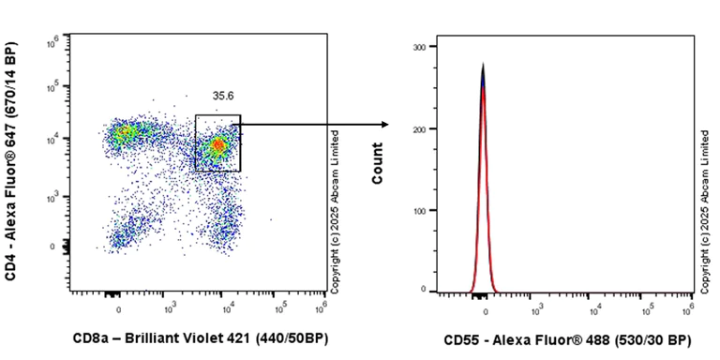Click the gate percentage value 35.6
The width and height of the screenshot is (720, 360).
point(222,96)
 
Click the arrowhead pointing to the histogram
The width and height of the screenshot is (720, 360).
point(384,124)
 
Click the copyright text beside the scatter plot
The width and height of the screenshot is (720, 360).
point(335,208)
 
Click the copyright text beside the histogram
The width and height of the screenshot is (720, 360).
point(704,208)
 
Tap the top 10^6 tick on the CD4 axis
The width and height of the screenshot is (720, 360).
point(55,40)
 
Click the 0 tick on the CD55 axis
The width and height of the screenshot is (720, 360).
point(486,307)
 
